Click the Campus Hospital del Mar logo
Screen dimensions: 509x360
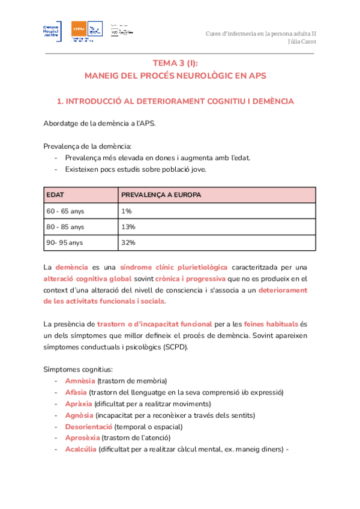pos(53,31)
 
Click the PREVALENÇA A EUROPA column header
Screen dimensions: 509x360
pos(161,196)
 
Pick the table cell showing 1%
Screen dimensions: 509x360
pos(126,211)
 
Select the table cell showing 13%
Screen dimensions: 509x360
pos(128,227)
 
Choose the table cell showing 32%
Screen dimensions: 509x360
pos(128,242)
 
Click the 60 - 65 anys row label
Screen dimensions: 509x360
pos(65,211)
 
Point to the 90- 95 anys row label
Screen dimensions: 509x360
pos(65,242)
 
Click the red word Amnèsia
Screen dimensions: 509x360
pos(79,381)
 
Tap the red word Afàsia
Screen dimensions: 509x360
pos(76,393)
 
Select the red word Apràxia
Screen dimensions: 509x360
pos(78,404)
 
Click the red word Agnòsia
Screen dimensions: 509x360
pos(79,415)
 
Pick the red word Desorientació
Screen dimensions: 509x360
pos(89,427)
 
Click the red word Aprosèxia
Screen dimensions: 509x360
pos(82,438)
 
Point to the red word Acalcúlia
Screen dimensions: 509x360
pos(80,450)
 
